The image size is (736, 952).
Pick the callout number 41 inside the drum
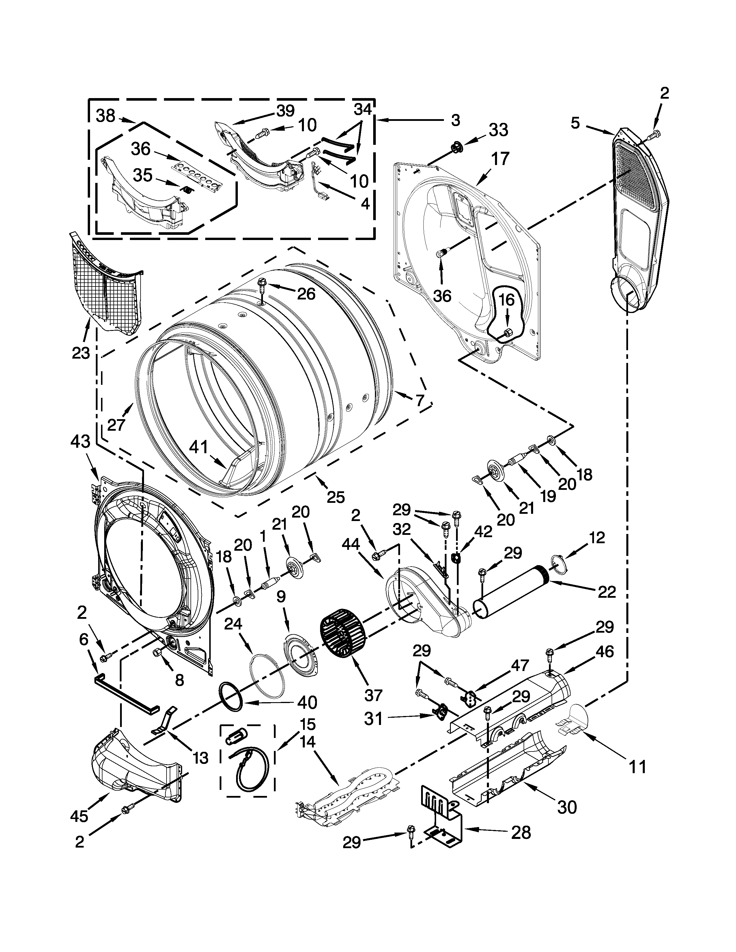198,448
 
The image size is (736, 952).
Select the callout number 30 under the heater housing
567,808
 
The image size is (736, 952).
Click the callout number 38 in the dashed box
106,116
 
